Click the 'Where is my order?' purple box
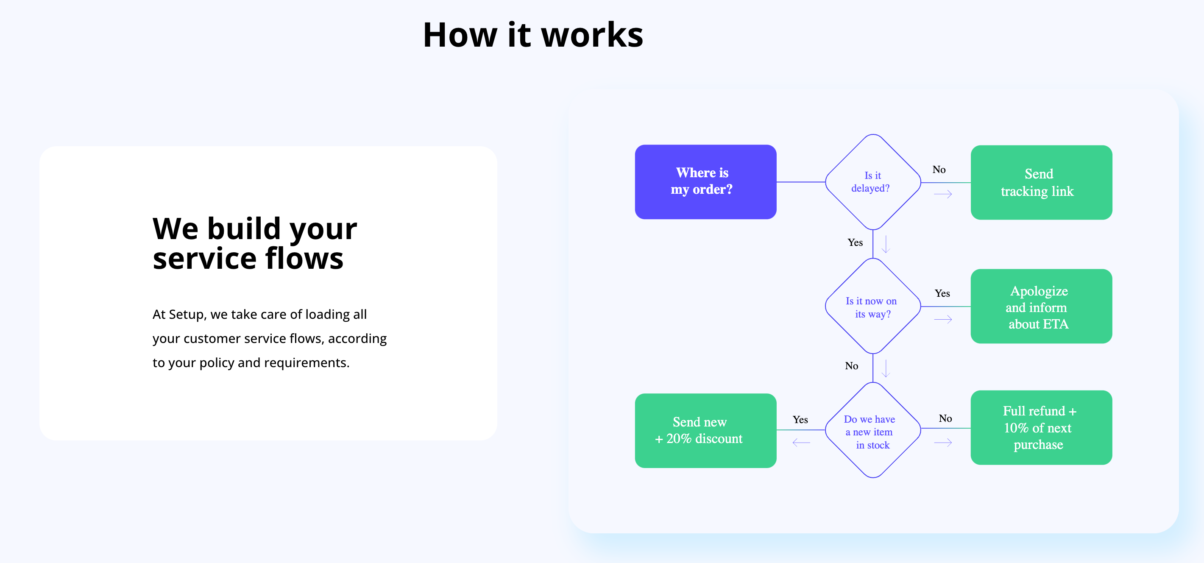[x=705, y=182]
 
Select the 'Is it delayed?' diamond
[x=872, y=182]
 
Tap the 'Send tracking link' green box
[x=1041, y=182]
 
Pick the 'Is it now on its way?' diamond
[x=872, y=307]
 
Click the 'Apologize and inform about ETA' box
[x=1041, y=307]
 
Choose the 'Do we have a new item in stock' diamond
[x=872, y=430]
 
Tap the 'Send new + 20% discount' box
[x=705, y=430]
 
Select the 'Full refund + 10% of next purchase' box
[x=1041, y=427]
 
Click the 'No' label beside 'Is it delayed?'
[x=939, y=170]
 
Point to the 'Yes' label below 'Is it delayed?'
[x=855, y=242]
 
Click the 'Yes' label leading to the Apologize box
[x=942, y=293]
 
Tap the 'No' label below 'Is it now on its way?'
[x=851, y=366]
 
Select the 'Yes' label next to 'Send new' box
[x=800, y=420]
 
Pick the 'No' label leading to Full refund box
[x=945, y=418]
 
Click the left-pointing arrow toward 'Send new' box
[x=801, y=443]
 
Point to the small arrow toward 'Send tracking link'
[x=943, y=194]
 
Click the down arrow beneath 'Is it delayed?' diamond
[x=885, y=244]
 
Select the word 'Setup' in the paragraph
[x=186, y=315]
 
